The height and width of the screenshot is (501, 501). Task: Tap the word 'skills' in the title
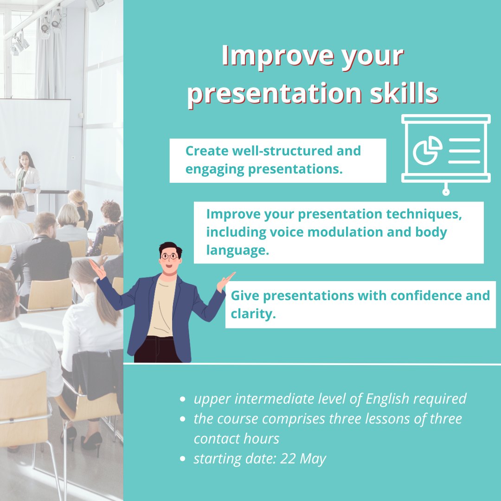click(404, 93)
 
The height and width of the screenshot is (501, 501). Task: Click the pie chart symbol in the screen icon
click(428, 150)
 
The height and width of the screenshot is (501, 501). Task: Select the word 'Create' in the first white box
click(206, 151)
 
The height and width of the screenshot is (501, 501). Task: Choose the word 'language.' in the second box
click(238, 250)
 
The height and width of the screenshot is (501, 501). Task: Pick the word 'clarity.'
click(253, 314)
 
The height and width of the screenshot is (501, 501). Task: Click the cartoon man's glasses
click(170, 256)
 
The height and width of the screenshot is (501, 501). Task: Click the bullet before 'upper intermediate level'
click(183, 399)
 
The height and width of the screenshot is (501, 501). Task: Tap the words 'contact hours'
click(237, 439)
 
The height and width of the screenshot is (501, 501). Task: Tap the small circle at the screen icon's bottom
click(446, 192)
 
